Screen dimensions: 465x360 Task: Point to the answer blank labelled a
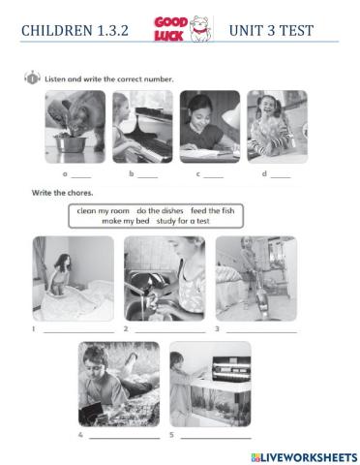click(x=81, y=175)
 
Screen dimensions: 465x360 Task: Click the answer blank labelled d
click(x=281, y=175)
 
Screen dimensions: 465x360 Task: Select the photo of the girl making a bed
click(x=73, y=279)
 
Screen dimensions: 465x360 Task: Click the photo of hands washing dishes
click(x=164, y=279)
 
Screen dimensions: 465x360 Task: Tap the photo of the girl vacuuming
click(x=255, y=279)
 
